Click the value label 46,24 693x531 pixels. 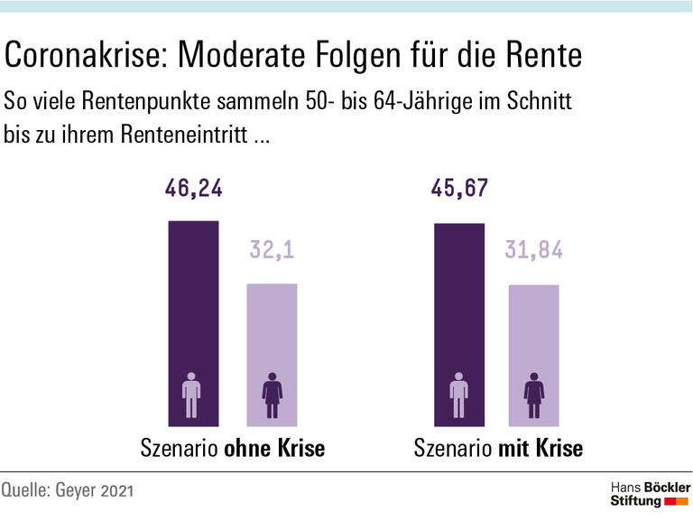193,189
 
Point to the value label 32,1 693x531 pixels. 272,250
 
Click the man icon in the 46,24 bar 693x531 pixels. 191,395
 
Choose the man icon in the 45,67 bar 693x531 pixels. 458,395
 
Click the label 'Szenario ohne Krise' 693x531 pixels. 232,449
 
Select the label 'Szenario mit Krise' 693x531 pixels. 498,449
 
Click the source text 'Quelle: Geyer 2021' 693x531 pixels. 68,491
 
